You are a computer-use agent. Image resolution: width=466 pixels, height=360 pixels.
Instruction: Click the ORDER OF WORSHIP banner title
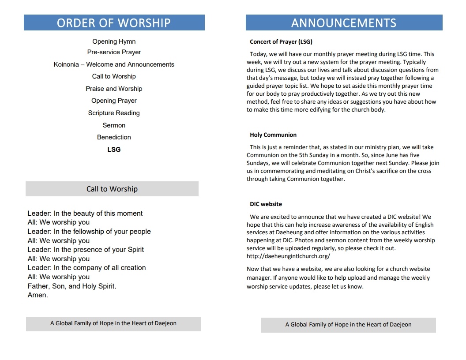(x=114, y=22)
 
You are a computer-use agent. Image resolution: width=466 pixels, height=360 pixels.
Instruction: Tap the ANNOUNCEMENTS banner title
(x=344, y=23)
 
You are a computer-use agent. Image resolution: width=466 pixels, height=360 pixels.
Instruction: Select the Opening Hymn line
(x=114, y=41)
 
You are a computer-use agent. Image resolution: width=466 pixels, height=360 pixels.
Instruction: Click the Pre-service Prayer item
(x=114, y=52)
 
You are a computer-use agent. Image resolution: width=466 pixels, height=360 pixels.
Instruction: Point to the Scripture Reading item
(x=114, y=113)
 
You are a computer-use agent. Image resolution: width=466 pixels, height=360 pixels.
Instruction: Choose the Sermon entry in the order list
(x=114, y=125)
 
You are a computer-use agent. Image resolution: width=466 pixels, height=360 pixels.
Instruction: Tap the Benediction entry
(x=114, y=137)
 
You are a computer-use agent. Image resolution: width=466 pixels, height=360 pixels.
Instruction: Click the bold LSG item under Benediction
(x=114, y=150)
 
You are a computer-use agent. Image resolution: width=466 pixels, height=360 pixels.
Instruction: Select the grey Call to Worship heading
(x=112, y=189)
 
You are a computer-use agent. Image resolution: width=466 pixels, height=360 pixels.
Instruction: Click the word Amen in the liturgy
(x=38, y=295)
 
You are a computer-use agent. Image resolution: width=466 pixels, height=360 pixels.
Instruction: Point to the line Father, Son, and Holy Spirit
(x=72, y=286)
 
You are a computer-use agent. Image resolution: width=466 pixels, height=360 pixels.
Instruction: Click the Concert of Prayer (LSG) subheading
(x=281, y=42)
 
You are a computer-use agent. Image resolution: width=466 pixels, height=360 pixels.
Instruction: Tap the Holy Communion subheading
(x=273, y=135)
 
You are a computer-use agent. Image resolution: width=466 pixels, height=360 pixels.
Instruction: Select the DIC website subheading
(x=266, y=204)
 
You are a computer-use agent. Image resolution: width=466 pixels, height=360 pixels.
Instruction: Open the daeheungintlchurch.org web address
(x=288, y=256)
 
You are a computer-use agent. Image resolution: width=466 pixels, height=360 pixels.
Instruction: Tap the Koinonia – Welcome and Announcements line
(x=114, y=64)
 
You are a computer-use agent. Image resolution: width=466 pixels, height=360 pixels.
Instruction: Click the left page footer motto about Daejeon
(x=113, y=323)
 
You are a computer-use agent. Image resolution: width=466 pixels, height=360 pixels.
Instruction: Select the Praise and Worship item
(x=114, y=89)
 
